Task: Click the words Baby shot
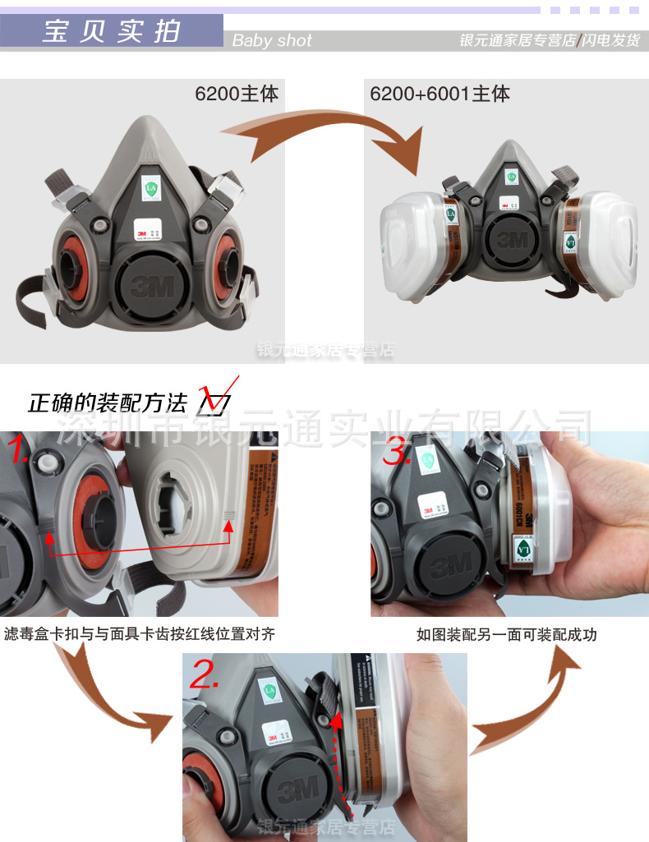[x=272, y=40]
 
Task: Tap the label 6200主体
[x=237, y=94]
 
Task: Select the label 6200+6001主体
[x=440, y=94]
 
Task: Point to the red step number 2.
[x=204, y=675]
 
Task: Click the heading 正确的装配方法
[x=108, y=403]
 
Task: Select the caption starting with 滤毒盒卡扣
[x=139, y=634]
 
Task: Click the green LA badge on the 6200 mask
[x=150, y=188]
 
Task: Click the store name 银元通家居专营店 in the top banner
[x=517, y=40]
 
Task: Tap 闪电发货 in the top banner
[x=611, y=40]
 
